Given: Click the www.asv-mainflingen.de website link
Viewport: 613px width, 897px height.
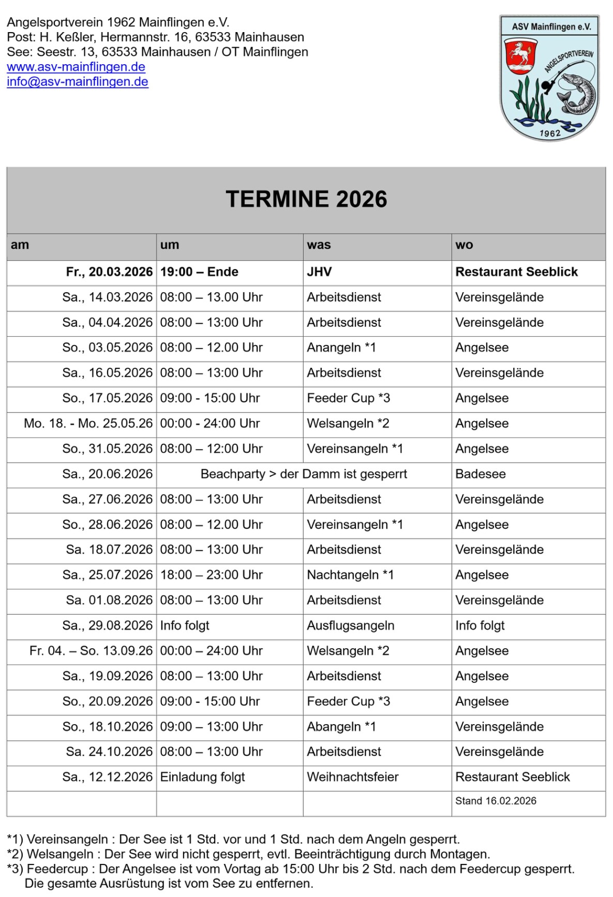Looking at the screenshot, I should pyautogui.click(x=76, y=67).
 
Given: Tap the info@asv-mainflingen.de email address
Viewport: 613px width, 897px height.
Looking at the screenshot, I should pyautogui.click(x=78, y=82).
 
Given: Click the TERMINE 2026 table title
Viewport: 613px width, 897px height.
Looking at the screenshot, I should pyautogui.click(x=306, y=200).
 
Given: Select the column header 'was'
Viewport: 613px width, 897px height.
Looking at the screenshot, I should pyautogui.click(x=319, y=245).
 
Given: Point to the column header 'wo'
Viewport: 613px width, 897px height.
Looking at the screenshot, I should pyautogui.click(x=464, y=245).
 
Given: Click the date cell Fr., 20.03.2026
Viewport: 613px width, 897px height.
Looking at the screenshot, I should pyautogui.click(x=109, y=272).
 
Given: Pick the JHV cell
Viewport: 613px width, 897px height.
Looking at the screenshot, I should pyautogui.click(x=319, y=272).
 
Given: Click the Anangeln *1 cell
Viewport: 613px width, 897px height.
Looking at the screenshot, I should pyautogui.click(x=341, y=348).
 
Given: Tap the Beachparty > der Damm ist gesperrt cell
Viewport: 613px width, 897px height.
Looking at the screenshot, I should pyautogui.click(x=304, y=474).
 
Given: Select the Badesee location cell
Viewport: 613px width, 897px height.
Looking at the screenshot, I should pyautogui.click(x=480, y=474).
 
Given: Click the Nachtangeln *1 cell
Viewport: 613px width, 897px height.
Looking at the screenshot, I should pyautogui.click(x=350, y=575).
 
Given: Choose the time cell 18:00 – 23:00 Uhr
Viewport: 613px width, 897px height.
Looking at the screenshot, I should pyautogui.click(x=211, y=575).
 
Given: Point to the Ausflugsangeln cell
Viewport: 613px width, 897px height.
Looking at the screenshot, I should pyautogui.click(x=350, y=625).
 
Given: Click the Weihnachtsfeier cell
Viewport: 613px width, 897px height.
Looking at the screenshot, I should pyautogui.click(x=352, y=777).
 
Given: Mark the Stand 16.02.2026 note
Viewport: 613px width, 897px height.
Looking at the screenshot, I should pyautogui.click(x=496, y=801).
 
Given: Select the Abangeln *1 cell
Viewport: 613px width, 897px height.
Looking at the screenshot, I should pyautogui.click(x=341, y=727).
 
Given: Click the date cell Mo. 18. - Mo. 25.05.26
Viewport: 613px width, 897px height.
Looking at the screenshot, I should pyautogui.click(x=88, y=424).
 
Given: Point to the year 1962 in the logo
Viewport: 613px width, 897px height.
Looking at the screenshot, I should pyautogui.click(x=550, y=133).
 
